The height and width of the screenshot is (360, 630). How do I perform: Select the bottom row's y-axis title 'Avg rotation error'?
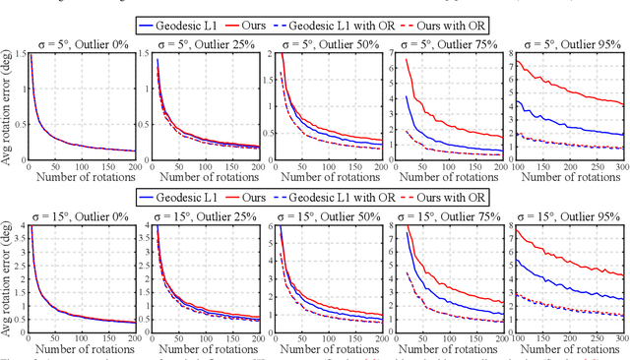tap(8, 279)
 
